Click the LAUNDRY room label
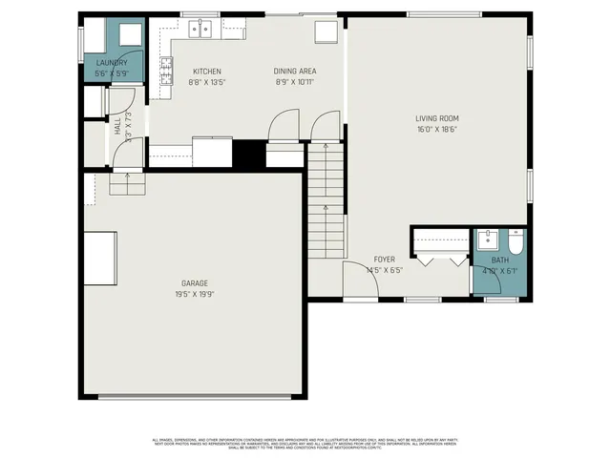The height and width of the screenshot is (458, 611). pos(111,63)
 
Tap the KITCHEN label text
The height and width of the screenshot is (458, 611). pos(207,72)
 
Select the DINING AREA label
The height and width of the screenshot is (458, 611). pos(295,72)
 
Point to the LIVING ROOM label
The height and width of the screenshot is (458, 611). pos(437,118)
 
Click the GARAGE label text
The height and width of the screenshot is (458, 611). pos(195,283)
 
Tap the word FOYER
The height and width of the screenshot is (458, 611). pos(384,260)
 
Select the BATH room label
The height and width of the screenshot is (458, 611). pos(500,260)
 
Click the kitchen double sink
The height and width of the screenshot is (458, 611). pos(200,30)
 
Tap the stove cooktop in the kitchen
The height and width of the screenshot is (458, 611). pos(166,71)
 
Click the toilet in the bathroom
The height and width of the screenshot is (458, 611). pos(516,243)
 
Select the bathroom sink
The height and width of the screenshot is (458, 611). pos(487,239)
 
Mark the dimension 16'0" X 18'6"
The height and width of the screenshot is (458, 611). pos(436,130)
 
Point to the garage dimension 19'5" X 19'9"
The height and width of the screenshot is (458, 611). pos(195,295)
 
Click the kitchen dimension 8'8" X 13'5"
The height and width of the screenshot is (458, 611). pos(206,83)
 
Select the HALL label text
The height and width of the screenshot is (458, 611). pos(118,126)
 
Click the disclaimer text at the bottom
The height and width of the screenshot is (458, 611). pos(305,444)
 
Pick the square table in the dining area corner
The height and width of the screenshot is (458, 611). pos(327,31)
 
